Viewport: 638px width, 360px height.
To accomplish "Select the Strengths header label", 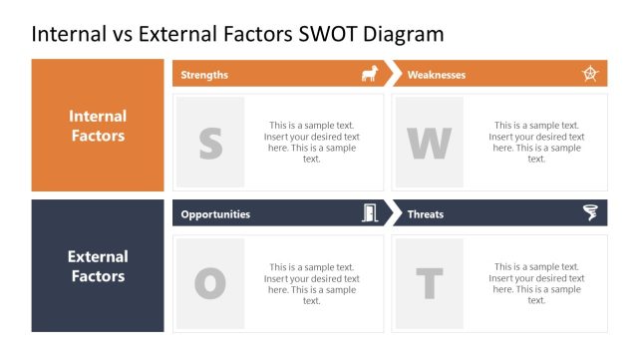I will pyautogui.click(x=204, y=75).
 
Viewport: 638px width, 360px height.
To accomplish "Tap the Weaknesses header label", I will pyautogui.click(x=436, y=75).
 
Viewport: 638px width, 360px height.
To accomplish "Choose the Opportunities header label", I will pyautogui.click(x=215, y=214).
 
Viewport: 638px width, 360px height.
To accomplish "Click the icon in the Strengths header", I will pyautogui.click(x=369, y=74).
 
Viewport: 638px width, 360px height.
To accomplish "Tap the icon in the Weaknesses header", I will pyautogui.click(x=590, y=74).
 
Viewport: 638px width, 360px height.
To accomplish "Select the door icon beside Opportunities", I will pyautogui.click(x=369, y=213).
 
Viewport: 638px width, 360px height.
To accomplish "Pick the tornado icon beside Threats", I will pyautogui.click(x=590, y=213).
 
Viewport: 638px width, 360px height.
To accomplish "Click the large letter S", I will pyautogui.click(x=210, y=144).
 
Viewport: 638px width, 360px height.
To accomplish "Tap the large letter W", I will pyautogui.click(x=430, y=144).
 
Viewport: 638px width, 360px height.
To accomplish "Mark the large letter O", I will pyautogui.click(x=210, y=284).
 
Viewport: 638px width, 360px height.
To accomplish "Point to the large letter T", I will pyautogui.click(x=430, y=284).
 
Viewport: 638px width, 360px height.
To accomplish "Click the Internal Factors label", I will pyautogui.click(x=98, y=126).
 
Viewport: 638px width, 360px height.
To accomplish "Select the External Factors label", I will pyautogui.click(x=98, y=266).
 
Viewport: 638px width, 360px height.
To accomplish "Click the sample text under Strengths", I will pyautogui.click(x=312, y=143).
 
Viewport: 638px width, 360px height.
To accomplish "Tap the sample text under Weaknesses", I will pyautogui.click(x=536, y=143).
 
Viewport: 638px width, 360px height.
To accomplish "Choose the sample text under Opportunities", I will pyautogui.click(x=312, y=284).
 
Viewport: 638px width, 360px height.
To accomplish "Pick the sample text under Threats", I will pyautogui.click(x=536, y=284).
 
